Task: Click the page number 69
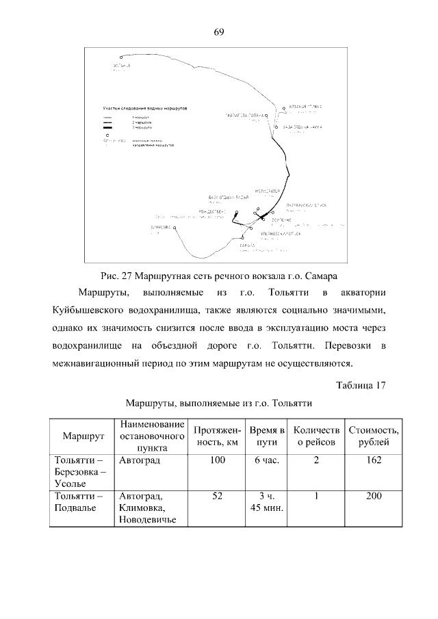click(x=219, y=31)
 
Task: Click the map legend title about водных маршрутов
click(x=144, y=109)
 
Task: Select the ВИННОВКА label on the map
click(x=160, y=227)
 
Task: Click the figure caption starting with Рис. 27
click(x=219, y=276)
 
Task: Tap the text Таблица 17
click(x=361, y=384)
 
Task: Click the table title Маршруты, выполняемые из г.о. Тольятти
click(x=219, y=403)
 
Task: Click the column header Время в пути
click(x=267, y=436)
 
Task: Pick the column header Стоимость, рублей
click(x=374, y=436)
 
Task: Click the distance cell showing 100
click(x=218, y=461)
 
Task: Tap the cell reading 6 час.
click(x=267, y=461)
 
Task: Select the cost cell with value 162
click(x=374, y=461)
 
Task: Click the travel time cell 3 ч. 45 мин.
click(x=267, y=501)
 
